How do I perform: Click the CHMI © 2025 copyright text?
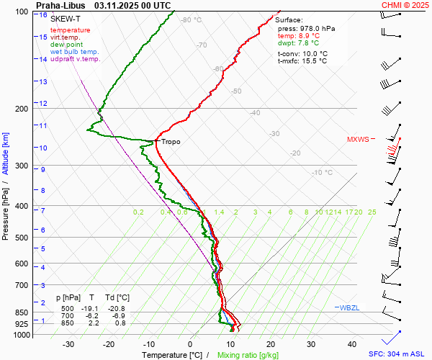[405, 5]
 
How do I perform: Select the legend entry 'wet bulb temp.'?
[75, 52]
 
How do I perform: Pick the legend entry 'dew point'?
[66, 45]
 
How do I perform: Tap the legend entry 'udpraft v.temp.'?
[76, 59]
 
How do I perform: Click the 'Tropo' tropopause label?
[171, 142]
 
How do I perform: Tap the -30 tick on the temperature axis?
[68, 344]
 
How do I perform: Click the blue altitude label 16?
[43, 15]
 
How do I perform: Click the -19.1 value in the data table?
[91, 307]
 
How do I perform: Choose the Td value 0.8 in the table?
[120, 323]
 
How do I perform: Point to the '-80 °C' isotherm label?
[192, 20]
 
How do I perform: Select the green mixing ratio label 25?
[372, 212]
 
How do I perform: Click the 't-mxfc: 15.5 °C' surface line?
[302, 61]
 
